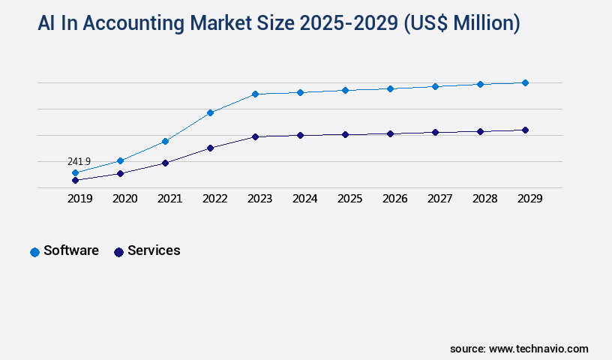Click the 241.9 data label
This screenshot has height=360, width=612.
click(x=79, y=161)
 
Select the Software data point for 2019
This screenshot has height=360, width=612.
click(x=75, y=172)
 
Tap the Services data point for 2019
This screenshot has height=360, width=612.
click(x=75, y=180)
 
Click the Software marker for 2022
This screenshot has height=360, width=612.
click(x=210, y=112)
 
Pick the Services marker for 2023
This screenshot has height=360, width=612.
click(x=255, y=136)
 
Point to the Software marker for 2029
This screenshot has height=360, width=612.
click(x=525, y=82)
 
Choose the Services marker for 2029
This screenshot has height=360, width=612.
click(x=525, y=130)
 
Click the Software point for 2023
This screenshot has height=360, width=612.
click(x=255, y=94)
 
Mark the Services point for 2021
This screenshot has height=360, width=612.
click(x=165, y=163)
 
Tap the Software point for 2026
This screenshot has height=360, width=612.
click(x=390, y=88)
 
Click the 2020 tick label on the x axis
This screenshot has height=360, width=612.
click(x=124, y=199)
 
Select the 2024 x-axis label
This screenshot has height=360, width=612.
click(x=304, y=199)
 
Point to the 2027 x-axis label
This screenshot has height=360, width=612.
click(x=439, y=199)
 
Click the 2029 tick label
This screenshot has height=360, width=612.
click(x=529, y=199)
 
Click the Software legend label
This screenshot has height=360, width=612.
click(x=71, y=250)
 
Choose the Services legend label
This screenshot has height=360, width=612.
click(x=154, y=250)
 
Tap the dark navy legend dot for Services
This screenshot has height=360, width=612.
click(x=118, y=252)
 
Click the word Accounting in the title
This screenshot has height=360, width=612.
click(x=132, y=23)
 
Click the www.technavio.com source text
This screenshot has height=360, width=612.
click(x=538, y=349)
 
